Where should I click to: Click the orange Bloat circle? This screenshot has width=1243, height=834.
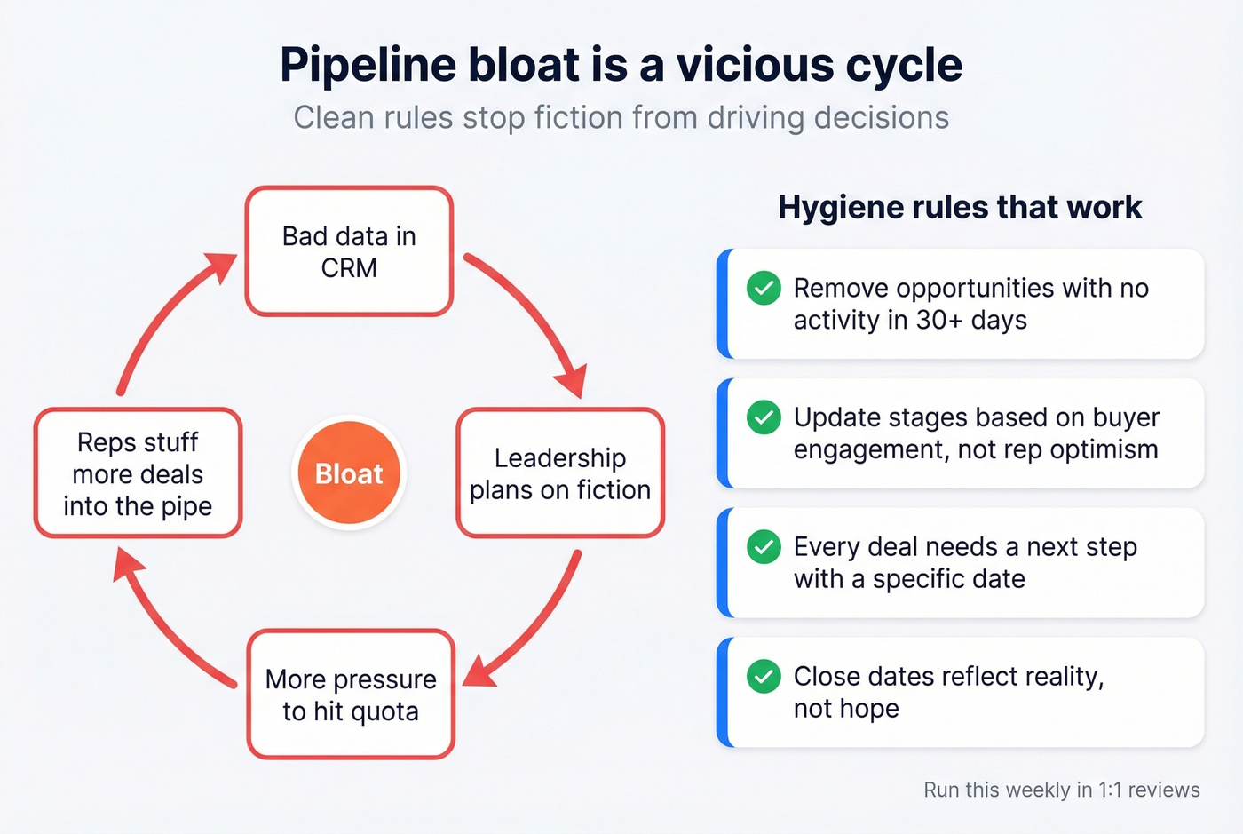pos(349,473)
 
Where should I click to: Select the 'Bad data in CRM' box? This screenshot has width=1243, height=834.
pos(349,251)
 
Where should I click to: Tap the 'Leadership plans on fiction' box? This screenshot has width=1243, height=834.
pos(560,473)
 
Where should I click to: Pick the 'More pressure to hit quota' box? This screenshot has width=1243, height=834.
pos(351,695)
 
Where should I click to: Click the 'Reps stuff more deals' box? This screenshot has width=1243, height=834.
pos(138,473)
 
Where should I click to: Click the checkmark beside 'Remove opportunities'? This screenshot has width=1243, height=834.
pos(764,288)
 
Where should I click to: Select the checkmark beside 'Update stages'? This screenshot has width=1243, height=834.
pos(764,417)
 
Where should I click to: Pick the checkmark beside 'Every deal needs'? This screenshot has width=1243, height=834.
pos(764,547)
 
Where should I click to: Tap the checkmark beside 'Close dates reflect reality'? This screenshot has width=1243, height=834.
pos(764,677)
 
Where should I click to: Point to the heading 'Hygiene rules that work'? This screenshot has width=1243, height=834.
pos(960,207)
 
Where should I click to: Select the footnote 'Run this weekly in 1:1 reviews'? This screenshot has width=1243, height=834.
pos(1061,790)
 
